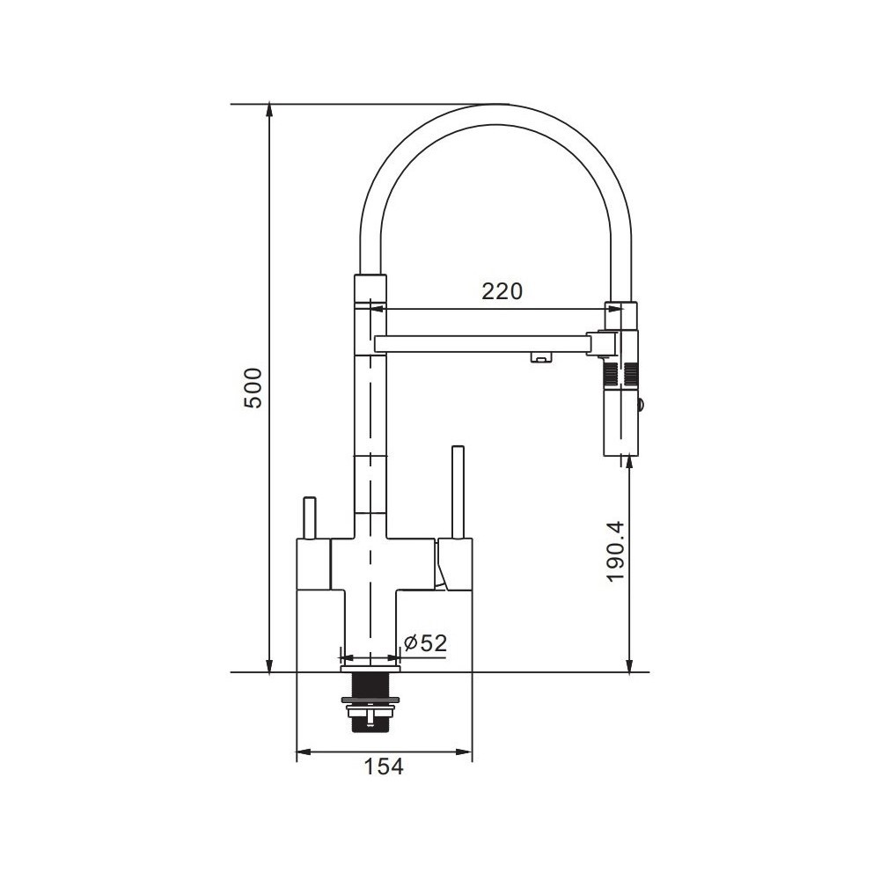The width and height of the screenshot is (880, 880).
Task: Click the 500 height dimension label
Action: coord(255,388)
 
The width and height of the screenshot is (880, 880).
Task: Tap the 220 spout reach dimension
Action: coord(502,290)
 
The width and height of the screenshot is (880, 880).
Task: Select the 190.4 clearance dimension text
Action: coord(615,551)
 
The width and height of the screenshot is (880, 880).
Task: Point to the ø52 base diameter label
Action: coord(425,642)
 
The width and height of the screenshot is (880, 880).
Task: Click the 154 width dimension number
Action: coord(384,766)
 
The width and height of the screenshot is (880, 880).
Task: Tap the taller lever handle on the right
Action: coord(458,492)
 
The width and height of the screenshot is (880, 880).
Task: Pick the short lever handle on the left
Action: coord(310,517)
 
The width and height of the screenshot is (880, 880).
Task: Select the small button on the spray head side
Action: coord(642,405)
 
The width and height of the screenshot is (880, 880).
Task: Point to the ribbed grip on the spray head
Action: coord(620,374)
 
